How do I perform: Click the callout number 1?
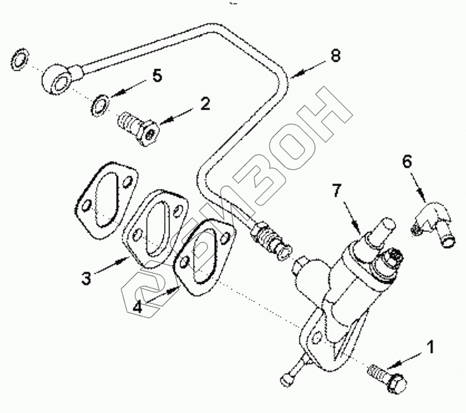[x=430, y=347]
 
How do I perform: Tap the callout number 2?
[x=205, y=104]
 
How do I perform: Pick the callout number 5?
[x=157, y=76]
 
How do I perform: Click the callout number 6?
[x=407, y=161]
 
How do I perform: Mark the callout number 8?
[x=336, y=56]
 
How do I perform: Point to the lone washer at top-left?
[x=20, y=60]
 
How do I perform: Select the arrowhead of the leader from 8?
[x=291, y=77]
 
